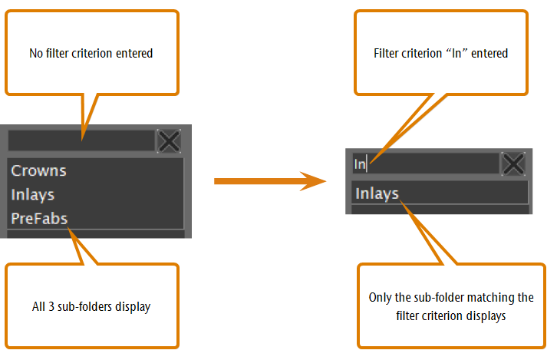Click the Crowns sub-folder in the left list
[38, 171]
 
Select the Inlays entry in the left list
[33, 195]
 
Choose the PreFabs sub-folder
[39, 219]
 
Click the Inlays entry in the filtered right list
[377, 193]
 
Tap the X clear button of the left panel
[169, 141]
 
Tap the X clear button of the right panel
[513, 163]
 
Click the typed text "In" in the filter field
[360, 164]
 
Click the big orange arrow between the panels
[270, 181]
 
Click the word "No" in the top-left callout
[36, 53]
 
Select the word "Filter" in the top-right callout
[384, 53]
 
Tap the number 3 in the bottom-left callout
[51, 307]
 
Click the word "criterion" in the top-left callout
[92, 53]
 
